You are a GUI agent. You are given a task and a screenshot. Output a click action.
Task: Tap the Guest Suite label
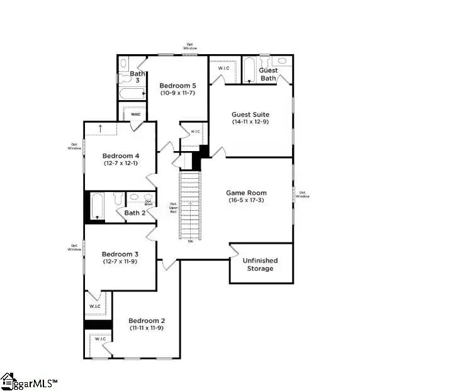coord(250,115)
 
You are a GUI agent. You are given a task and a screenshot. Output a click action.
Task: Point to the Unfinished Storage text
coord(260,264)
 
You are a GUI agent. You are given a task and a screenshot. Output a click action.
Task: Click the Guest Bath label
coord(268,74)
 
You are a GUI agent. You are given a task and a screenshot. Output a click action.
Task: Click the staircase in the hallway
coord(189,205)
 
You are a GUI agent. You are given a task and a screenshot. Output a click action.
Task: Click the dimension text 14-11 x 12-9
coord(250,122)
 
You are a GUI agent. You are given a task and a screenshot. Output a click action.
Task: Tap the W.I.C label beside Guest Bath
coord(223,68)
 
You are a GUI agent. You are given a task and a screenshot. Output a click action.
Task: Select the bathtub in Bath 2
coord(97,207)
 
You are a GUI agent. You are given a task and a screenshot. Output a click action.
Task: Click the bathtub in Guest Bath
coord(249,70)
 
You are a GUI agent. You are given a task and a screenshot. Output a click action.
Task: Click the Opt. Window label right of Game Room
coord(303,195)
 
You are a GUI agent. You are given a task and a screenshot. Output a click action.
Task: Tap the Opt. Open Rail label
coord(173,207)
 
